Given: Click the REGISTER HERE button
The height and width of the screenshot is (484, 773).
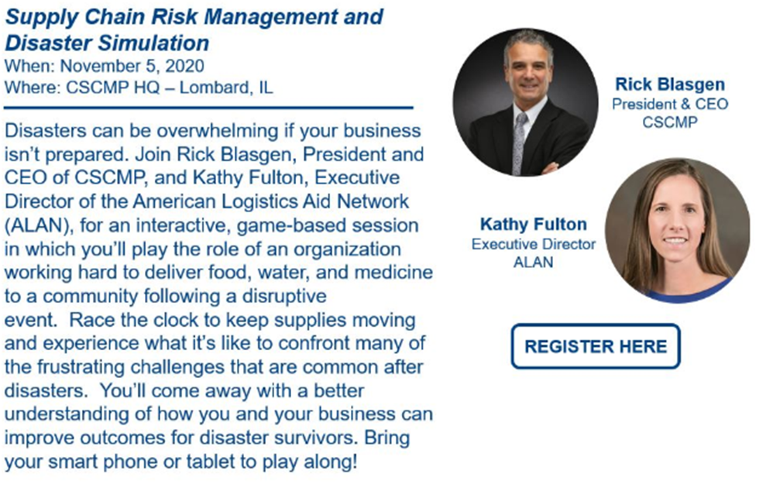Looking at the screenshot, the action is click(596, 346).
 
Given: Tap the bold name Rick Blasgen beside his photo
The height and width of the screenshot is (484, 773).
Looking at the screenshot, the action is click(669, 84).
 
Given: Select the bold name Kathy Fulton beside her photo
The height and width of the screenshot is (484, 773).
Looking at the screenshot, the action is click(534, 225).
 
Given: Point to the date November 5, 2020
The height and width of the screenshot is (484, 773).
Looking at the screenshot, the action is click(132, 66).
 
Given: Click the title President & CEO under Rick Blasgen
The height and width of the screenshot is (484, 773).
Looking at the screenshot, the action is click(670, 104).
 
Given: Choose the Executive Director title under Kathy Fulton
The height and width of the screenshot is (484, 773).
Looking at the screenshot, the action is click(534, 244).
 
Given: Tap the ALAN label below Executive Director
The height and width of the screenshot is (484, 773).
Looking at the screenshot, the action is click(534, 262).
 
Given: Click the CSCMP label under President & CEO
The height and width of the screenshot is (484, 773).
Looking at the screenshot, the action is click(670, 122).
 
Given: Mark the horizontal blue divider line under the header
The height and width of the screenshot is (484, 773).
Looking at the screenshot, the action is click(208, 107).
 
